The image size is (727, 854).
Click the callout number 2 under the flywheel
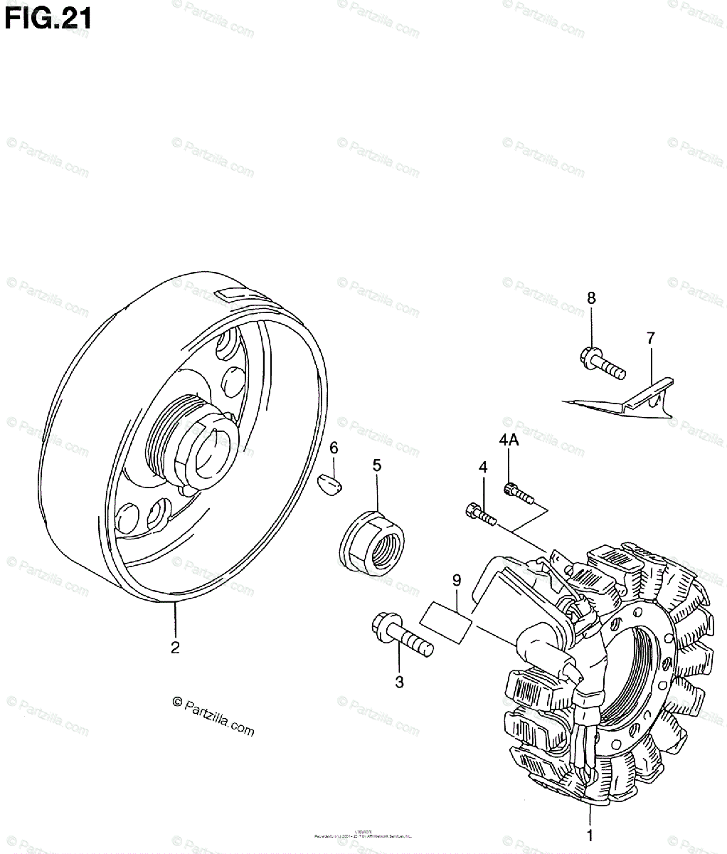click(x=175, y=648)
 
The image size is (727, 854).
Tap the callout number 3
click(x=399, y=682)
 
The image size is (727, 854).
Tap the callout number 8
click(x=591, y=297)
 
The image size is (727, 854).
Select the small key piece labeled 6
click(x=331, y=484)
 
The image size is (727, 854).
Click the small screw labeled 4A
click(x=518, y=492)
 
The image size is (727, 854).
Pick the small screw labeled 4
click(x=482, y=513)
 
